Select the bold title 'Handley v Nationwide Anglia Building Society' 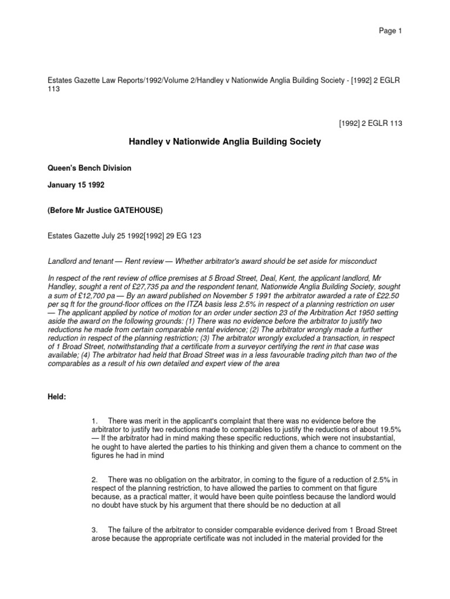coord(224,142)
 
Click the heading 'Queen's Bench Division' coord(88,168)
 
